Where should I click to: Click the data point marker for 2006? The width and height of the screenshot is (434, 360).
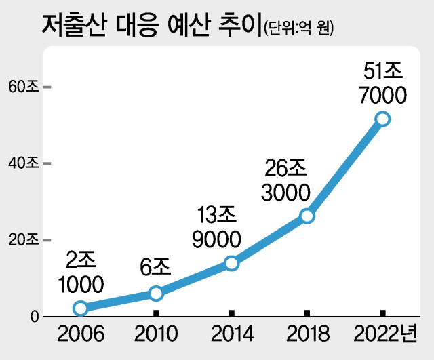click(80, 308)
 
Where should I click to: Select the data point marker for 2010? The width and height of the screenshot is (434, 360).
click(156, 293)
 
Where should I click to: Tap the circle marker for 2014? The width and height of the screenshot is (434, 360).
click(231, 263)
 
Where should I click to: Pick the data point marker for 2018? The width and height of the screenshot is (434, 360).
click(307, 216)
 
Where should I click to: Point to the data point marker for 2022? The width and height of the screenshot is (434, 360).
click(382, 119)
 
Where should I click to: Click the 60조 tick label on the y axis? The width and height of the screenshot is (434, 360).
click(23, 87)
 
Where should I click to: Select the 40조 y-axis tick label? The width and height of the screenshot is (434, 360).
click(23, 163)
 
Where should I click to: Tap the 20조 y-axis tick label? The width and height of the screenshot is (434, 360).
click(23, 240)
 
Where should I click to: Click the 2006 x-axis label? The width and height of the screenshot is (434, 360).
click(80, 334)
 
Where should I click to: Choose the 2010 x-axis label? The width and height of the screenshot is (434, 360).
click(156, 334)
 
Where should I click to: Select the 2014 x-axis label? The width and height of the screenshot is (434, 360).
click(231, 334)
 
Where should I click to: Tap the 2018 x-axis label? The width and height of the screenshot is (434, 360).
click(307, 334)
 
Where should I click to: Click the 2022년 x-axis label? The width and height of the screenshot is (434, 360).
click(387, 334)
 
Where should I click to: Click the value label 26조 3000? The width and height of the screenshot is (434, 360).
click(285, 178)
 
